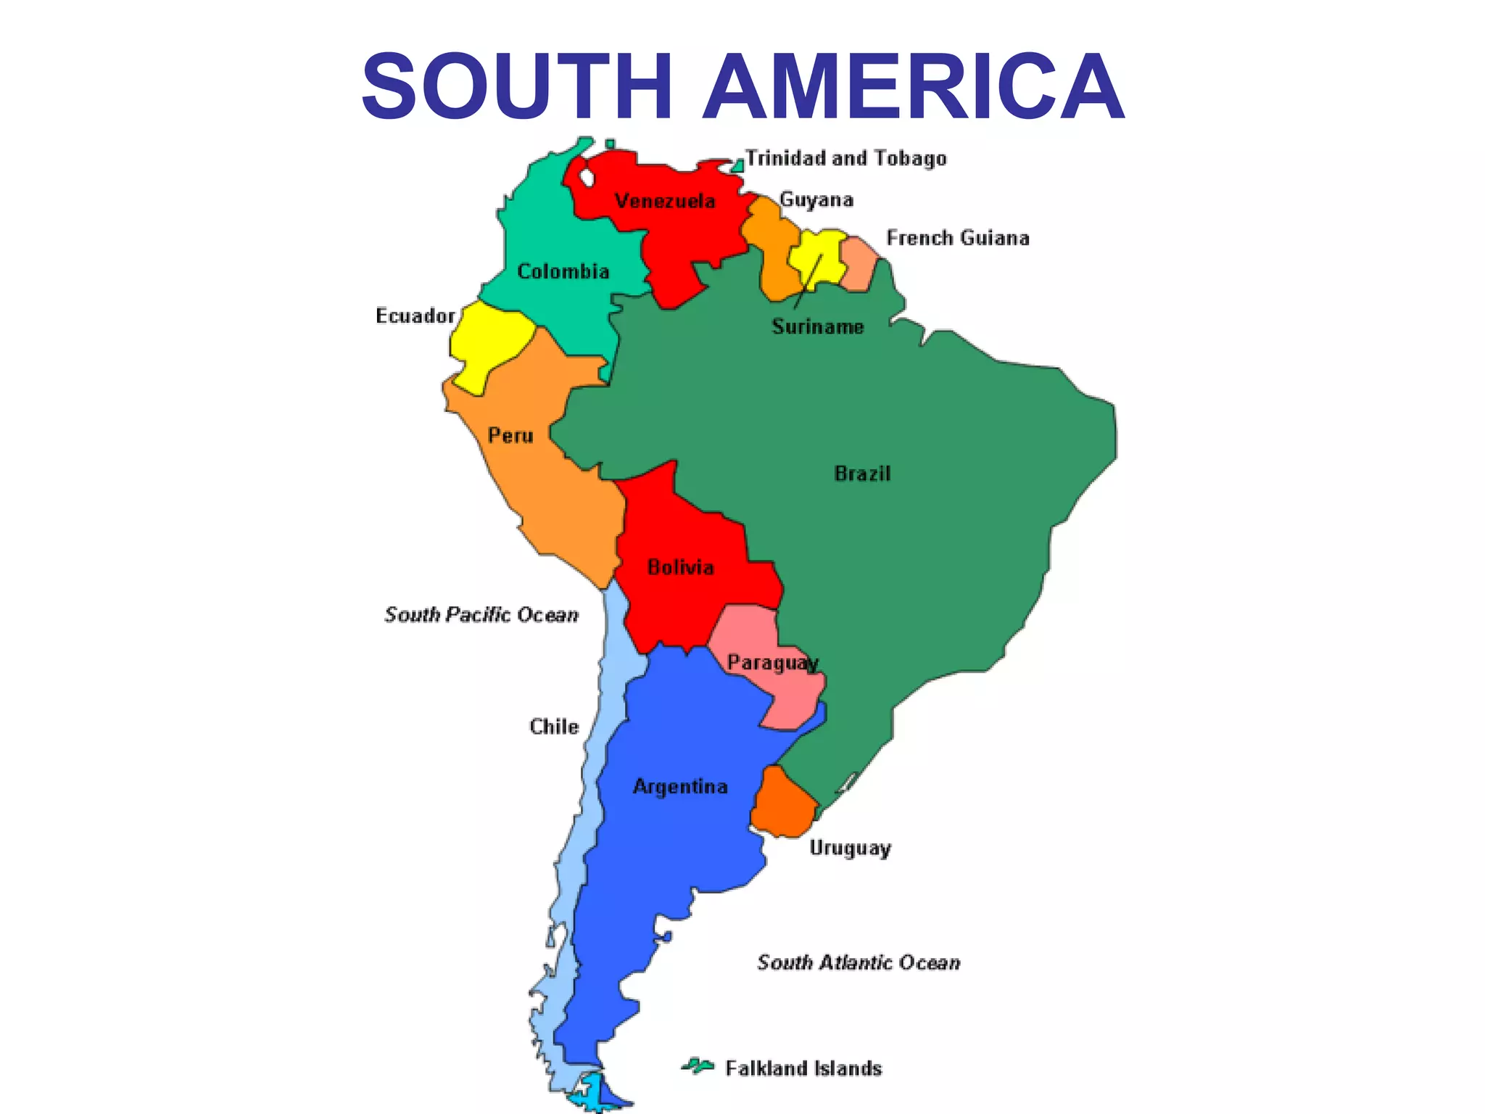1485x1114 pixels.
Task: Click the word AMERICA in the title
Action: (x=913, y=86)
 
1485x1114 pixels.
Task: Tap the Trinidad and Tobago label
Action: (x=846, y=158)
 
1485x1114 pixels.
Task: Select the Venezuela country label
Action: (x=665, y=201)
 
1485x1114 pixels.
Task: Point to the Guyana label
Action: (x=816, y=199)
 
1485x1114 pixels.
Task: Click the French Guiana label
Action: (x=958, y=238)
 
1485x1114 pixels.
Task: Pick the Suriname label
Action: (x=818, y=326)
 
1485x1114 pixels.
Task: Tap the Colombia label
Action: (x=563, y=271)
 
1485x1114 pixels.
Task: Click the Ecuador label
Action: (x=415, y=315)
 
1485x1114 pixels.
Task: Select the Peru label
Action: (x=510, y=435)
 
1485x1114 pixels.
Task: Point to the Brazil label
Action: (x=862, y=474)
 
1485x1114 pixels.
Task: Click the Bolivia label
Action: (x=680, y=567)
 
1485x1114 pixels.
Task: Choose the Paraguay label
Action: (x=773, y=663)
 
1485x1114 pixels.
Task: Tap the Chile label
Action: (x=554, y=727)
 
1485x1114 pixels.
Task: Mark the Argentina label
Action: (x=680, y=787)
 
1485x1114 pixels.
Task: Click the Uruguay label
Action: (x=850, y=848)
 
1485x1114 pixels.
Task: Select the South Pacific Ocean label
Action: (x=481, y=615)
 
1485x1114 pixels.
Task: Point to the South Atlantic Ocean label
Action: (x=859, y=962)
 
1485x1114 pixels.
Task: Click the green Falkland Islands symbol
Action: (x=698, y=1065)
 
